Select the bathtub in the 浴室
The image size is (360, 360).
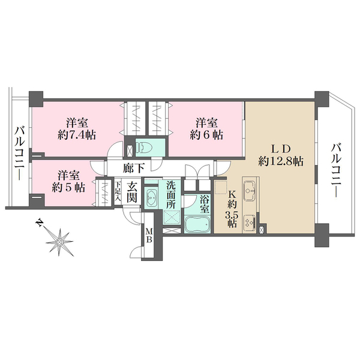197,224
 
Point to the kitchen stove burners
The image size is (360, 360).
250,222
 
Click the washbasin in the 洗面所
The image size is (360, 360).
151,197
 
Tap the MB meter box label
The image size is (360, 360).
149,235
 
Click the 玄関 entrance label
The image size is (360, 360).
131,192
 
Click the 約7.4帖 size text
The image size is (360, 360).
76,135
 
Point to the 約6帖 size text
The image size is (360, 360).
206,135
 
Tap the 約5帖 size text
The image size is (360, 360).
68,187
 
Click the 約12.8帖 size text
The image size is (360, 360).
281,161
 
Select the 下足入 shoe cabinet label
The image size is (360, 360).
118,191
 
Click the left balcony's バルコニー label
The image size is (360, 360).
20,154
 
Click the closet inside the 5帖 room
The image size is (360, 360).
105,193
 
